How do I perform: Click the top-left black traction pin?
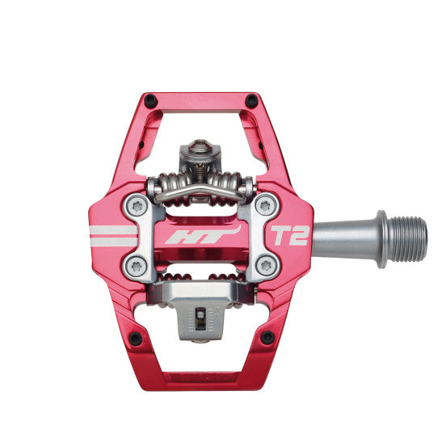149,100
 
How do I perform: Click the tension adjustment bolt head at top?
200,148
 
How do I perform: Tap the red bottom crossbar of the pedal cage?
202,377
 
